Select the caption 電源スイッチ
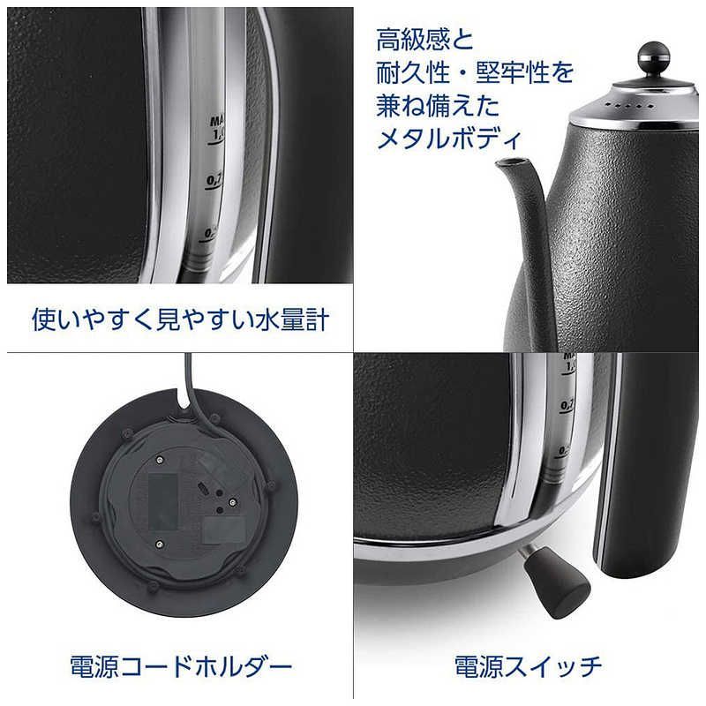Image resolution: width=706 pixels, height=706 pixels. click(x=528, y=663)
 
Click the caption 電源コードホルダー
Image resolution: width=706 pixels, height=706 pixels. click(x=179, y=663)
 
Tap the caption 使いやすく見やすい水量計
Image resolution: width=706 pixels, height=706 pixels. click(x=181, y=319)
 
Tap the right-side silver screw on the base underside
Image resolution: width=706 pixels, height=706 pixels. click(x=230, y=502)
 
